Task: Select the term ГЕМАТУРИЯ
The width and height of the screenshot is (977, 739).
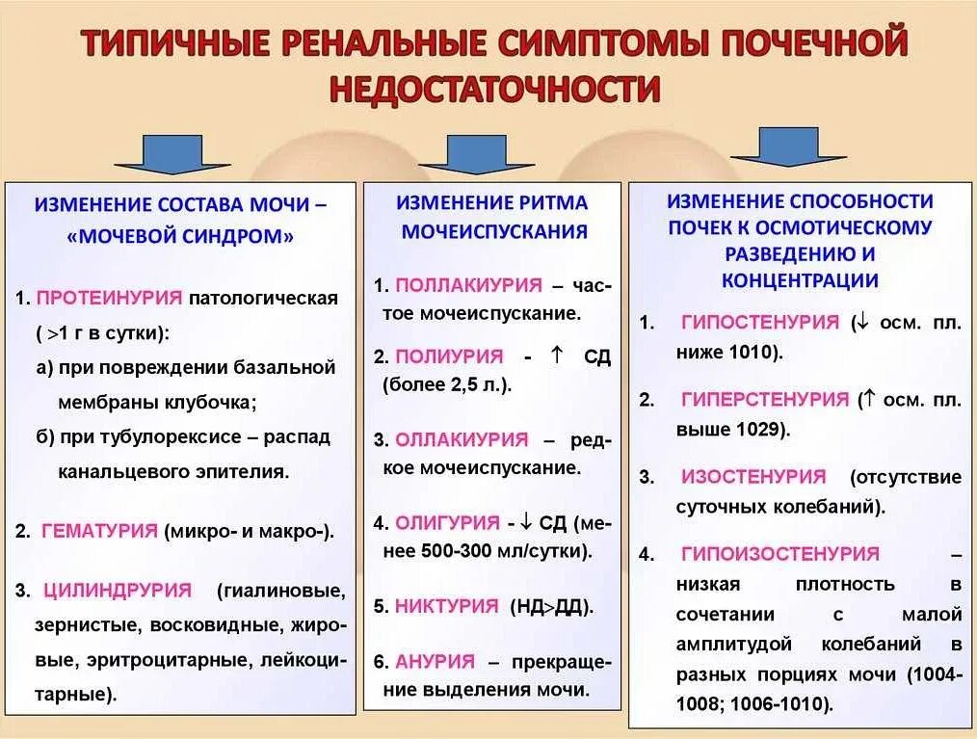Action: pos(99,531)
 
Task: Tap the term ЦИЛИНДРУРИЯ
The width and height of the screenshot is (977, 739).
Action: pos(116,590)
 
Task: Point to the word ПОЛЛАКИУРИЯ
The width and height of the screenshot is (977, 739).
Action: pos(468,285)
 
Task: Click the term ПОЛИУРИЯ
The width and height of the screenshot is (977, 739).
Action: pos(450,356)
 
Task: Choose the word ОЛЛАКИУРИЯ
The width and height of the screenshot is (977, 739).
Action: pos(462,439)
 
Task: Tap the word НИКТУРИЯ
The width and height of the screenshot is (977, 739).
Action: pos(447,607)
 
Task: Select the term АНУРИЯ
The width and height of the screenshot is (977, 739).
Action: pos(435,662)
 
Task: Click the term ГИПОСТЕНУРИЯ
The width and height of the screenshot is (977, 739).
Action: pos(760,323)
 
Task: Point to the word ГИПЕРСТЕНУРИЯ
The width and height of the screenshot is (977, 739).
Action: pos(765,399)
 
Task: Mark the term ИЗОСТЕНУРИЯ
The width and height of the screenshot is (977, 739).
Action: pos(753,477)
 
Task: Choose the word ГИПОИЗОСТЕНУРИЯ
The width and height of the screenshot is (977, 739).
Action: pos(780,554)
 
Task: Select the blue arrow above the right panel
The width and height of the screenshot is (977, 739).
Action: pos(787,147)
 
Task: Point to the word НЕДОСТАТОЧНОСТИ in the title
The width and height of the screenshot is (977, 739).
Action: pos(495,90)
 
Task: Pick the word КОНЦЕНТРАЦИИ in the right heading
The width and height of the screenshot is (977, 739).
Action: pos(800,280)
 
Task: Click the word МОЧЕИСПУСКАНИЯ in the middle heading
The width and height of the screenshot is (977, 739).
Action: pos(494,231)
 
